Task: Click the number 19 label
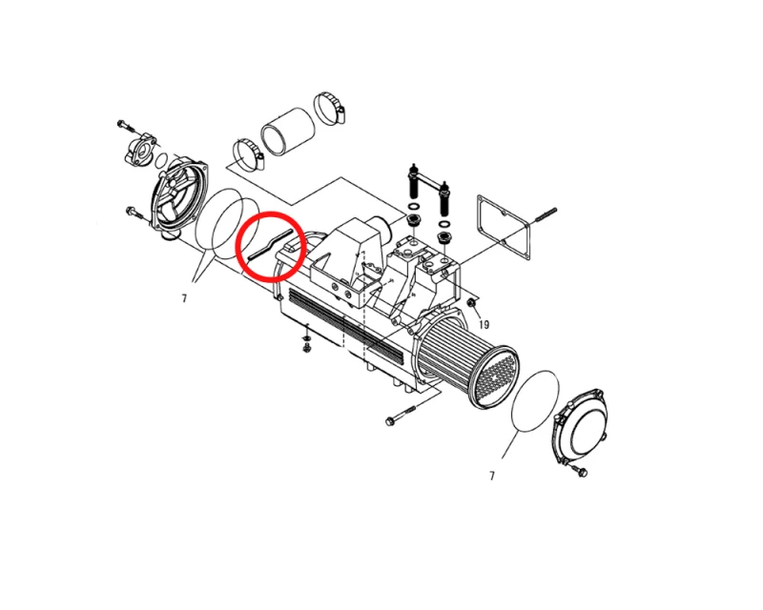484,324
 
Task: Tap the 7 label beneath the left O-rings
184,298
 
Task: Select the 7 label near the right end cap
492,476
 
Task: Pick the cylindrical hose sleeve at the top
288,131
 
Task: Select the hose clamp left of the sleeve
249,154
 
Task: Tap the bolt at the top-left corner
127,125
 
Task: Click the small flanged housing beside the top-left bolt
140,148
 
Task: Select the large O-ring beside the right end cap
535,400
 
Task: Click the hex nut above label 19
471,303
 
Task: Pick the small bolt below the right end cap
579,471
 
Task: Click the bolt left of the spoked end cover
134,212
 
